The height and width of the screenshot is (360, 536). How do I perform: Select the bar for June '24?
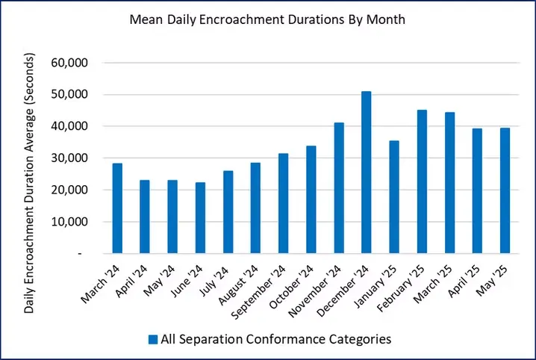200,218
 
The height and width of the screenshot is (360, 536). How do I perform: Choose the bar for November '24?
338,188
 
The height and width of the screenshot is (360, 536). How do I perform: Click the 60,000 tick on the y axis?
68,63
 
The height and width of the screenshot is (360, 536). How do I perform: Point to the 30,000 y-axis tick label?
68,158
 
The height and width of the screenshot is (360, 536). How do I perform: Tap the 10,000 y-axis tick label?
68,222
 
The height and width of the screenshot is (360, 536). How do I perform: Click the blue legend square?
153,340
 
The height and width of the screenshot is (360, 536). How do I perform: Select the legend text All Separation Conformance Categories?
276,340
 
